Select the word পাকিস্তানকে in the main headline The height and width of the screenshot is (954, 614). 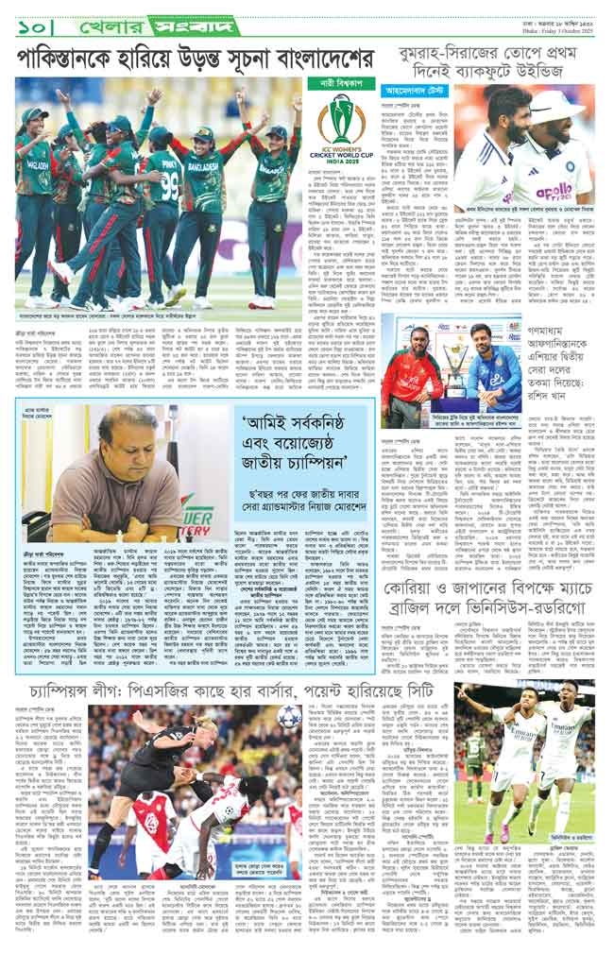[68, 60]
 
